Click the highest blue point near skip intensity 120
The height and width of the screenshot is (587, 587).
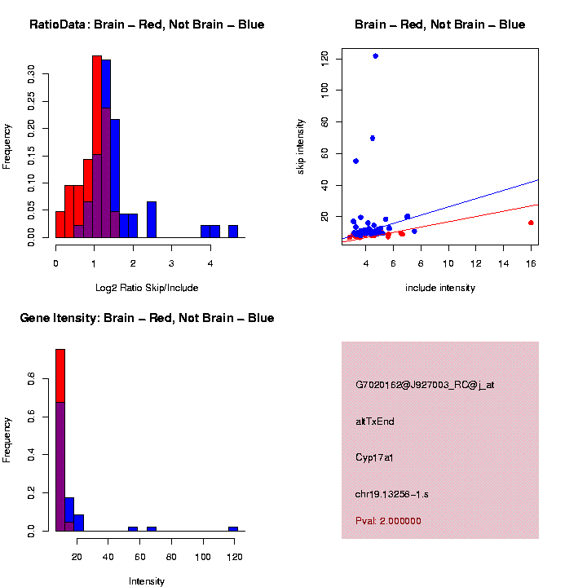coord(375,56)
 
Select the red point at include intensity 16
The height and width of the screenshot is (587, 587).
coord(531,223)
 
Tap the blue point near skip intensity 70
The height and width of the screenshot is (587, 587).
coord(372,138)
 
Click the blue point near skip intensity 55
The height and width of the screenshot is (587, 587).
coord(355,161)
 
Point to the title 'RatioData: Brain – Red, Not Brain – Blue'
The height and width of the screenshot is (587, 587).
coord(147,24)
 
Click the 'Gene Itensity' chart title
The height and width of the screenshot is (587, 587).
coord(147,318)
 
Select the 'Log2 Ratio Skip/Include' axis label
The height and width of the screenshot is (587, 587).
coord(147,288)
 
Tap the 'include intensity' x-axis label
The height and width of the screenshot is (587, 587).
coord(440,288)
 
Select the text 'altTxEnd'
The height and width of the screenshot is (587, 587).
coord(375,421)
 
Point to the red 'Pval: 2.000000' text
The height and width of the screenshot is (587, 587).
coord(388,521)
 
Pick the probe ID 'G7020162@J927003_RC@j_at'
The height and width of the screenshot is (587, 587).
coord(425,385)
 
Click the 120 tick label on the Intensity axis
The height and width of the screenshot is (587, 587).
coord(234,558)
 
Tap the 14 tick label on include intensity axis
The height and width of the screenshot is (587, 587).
coord(503,263)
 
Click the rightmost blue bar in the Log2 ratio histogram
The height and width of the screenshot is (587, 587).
coord(233,232)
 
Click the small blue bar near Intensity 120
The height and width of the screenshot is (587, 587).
coord(233,528)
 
